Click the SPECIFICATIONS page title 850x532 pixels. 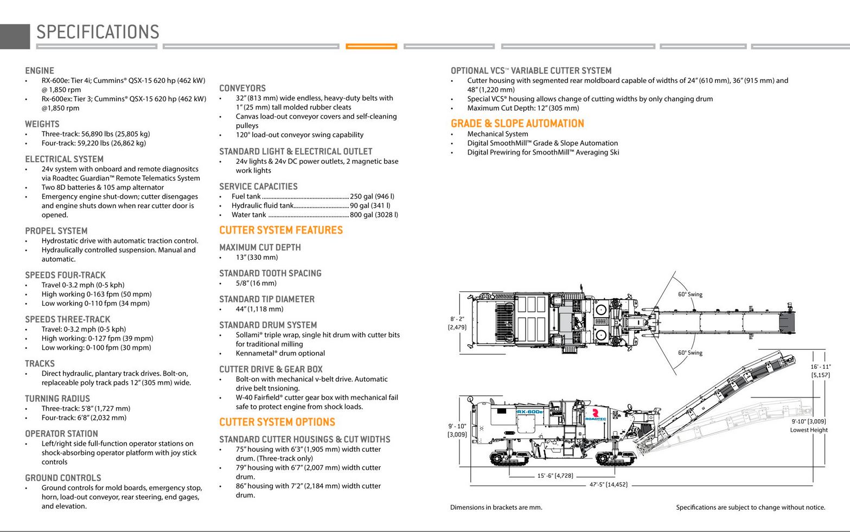coord(98,32)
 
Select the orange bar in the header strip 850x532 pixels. coord(372,46)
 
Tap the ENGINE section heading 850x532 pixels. coord(40,70)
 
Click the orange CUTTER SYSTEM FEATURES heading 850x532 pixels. coord(281,230)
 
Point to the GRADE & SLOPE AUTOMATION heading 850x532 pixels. coord(517,123)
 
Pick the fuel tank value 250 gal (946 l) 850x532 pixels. coord(372,196)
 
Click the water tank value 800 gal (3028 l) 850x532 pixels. coord(374,214)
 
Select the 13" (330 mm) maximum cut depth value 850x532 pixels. coord(257,257)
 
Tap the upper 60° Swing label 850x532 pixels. coord(690,294)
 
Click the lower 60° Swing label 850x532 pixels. coord(690,352)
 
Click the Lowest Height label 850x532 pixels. coord(809,430)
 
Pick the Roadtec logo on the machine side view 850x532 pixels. coord(595,415)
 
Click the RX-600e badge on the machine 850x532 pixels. coord(530,412)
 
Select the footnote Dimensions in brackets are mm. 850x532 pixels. coord(496,508)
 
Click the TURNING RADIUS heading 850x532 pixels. coord(57,399)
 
